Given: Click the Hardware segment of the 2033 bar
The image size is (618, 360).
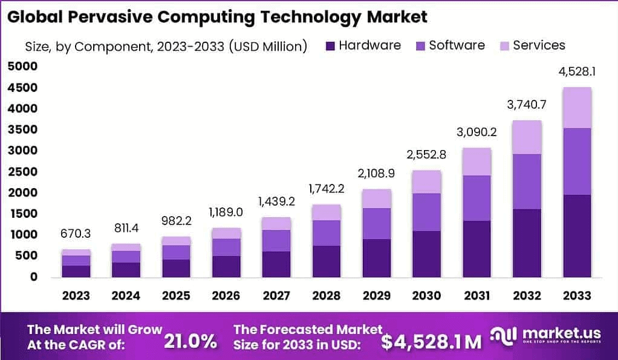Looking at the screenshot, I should click(x=576, y=236).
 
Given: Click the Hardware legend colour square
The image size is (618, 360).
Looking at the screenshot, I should click(x=330, y=45).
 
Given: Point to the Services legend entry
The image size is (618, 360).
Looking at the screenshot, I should click(x=539, y=45).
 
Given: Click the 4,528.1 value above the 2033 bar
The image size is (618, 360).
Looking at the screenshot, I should click(x=576, y=71).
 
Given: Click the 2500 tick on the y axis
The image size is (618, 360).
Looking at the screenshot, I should click(x=22, y=171).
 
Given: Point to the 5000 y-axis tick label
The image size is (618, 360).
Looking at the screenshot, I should click(x=22, y=67).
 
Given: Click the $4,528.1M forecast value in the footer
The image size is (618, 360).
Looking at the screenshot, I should click(x=431, y=341).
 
